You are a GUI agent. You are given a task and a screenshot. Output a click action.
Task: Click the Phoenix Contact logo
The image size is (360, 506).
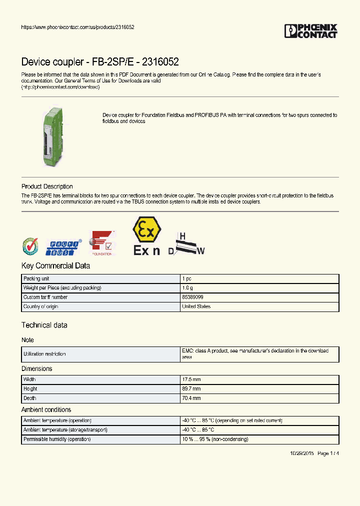click(x=310, y=31)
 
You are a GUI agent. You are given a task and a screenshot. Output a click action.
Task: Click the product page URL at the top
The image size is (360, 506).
click(x=77, y=27)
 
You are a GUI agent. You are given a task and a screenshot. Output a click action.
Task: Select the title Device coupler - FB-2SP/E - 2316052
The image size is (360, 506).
click(x=100, y=62)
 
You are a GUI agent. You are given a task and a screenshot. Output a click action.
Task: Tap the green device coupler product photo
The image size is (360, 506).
click(x=51, y=135)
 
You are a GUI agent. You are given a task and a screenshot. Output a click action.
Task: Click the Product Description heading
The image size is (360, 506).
click(x=47, y=186)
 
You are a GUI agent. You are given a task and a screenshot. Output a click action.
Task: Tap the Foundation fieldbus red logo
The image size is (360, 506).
click(x=102, y=243)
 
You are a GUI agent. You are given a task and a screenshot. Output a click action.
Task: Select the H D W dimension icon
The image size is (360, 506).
click(x=187, y=244)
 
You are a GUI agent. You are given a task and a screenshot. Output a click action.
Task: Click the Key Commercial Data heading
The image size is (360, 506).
click(x=55, y=266)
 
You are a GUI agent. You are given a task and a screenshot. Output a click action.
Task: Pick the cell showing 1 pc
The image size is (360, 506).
click(x=186, y=278)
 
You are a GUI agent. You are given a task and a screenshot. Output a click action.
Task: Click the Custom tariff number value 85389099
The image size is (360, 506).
click(x=192, y=297)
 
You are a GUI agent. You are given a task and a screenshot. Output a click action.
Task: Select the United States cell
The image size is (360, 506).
click(x=196, y=306)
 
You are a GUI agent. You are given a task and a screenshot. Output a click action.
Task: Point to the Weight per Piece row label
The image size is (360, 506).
click(x=62, y=288)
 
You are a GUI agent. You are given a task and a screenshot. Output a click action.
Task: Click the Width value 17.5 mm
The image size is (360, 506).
click(x=191, y=379)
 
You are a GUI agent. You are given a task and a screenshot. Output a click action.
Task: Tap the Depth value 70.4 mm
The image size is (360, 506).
click(x=191, y=398)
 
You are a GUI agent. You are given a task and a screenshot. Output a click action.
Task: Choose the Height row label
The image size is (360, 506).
click(x=30, y=389)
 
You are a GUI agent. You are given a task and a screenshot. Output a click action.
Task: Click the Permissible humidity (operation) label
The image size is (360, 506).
click(x=57, y=439)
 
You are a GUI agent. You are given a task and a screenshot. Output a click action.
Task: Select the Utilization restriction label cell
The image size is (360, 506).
click(x=44, y=354)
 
